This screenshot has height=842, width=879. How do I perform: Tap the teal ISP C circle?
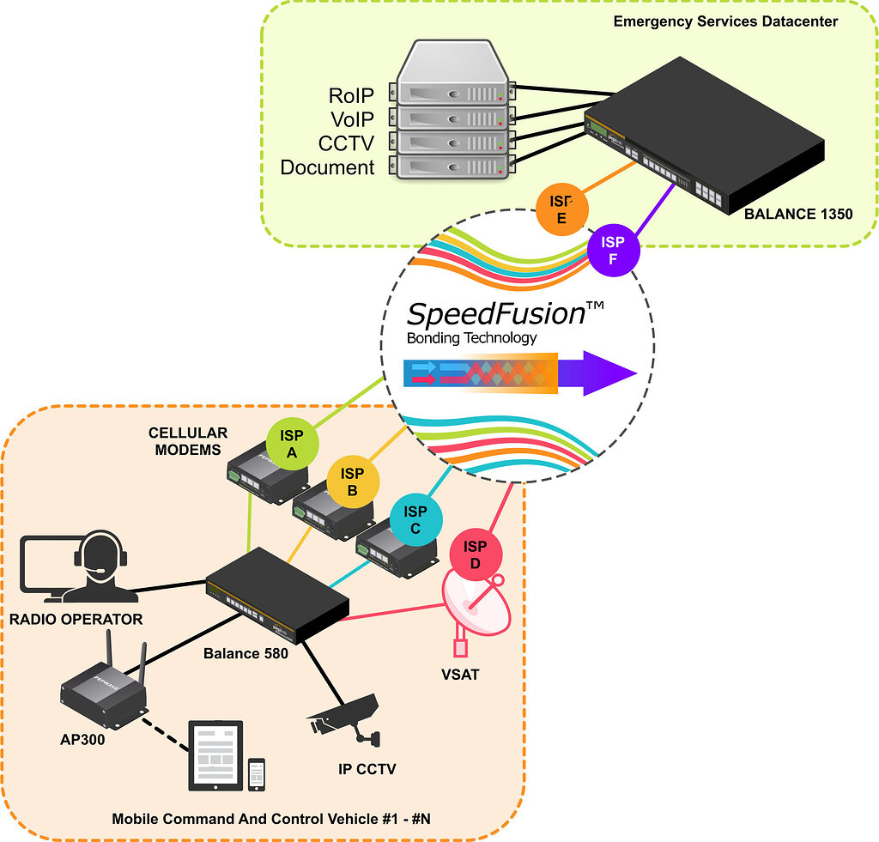pos(415,519)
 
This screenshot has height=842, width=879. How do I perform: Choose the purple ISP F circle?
pos(613,250)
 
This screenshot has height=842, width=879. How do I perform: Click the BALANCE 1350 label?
pos(798,213)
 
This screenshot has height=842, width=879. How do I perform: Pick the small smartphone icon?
pos(256,773)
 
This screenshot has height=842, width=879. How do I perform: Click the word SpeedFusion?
pos(495,313)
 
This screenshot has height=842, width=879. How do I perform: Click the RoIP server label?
pos(351,94)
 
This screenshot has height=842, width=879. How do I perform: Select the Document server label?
pos(327,167)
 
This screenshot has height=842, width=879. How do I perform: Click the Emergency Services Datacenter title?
pos(725,21)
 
